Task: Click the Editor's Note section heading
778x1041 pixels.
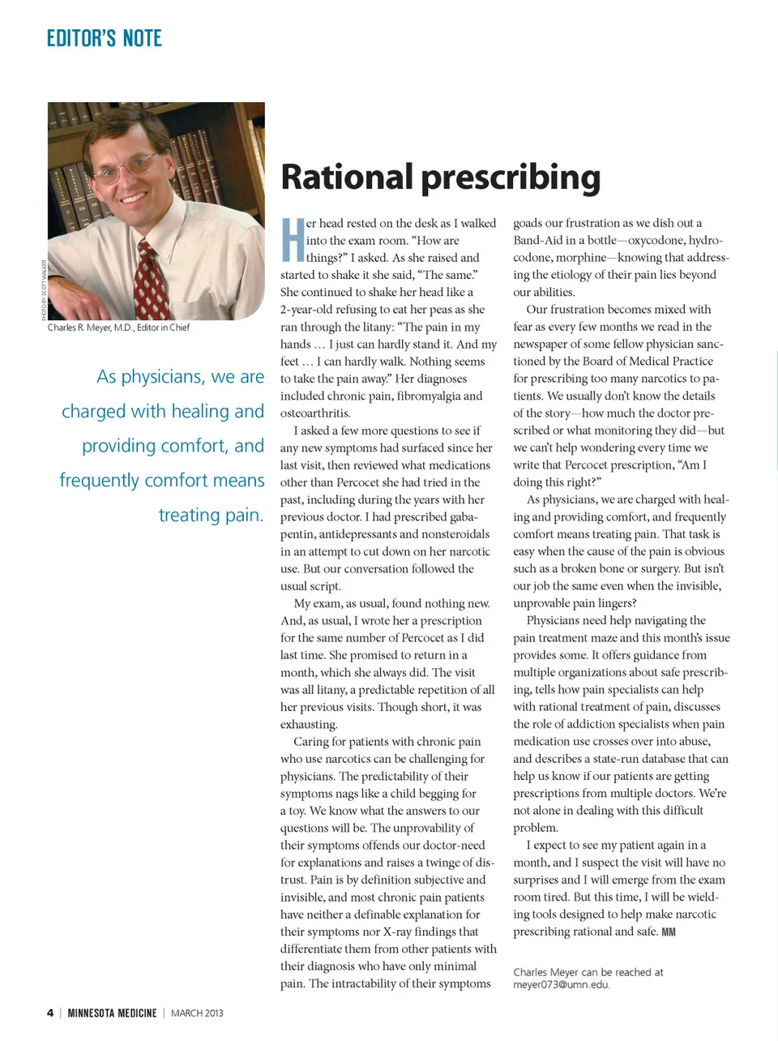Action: pyautogui.click(x=104, y=38)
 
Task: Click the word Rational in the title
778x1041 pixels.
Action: pyautogui.click(x=347, y=178)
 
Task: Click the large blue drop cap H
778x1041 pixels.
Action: pyautogui.click(x=293, y=240)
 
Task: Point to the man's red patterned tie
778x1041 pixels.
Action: pyautogui.click(x=151, y=280)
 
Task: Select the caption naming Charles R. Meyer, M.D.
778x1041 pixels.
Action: pyautogui.click(x=118, y=328)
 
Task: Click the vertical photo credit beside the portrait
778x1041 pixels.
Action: pyautogui.click(x=43, y=289)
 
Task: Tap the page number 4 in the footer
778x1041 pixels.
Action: pyautogui.click(x=50, y=1013)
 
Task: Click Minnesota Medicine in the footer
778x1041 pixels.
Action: pyautogui.click(x=112, y=1013)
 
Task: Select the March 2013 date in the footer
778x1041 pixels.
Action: pyautogui.click(x=197, y=1013)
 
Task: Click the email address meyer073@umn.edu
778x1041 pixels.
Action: pyautogui.click(x=561, y=984)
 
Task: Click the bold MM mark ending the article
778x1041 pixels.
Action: pyautogui.click(x=669, y=932)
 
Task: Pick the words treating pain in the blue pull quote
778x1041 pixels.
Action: pyautogui.click(x=212, y=515)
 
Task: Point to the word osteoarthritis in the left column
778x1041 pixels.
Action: pyautogui.click(x=315, y=413)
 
